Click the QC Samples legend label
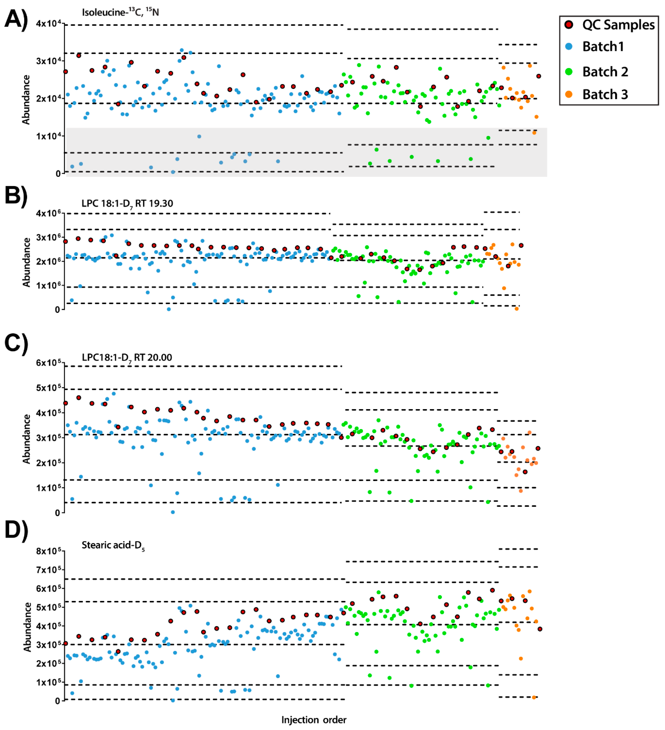[x=618, y=25]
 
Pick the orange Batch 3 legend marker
[x=569, y=94]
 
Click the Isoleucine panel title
[x=120, y=12]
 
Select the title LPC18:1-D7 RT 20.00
[x=127, y=358]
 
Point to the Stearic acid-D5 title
[x=113, y=545]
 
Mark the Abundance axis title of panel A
[x=26, y=100]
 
